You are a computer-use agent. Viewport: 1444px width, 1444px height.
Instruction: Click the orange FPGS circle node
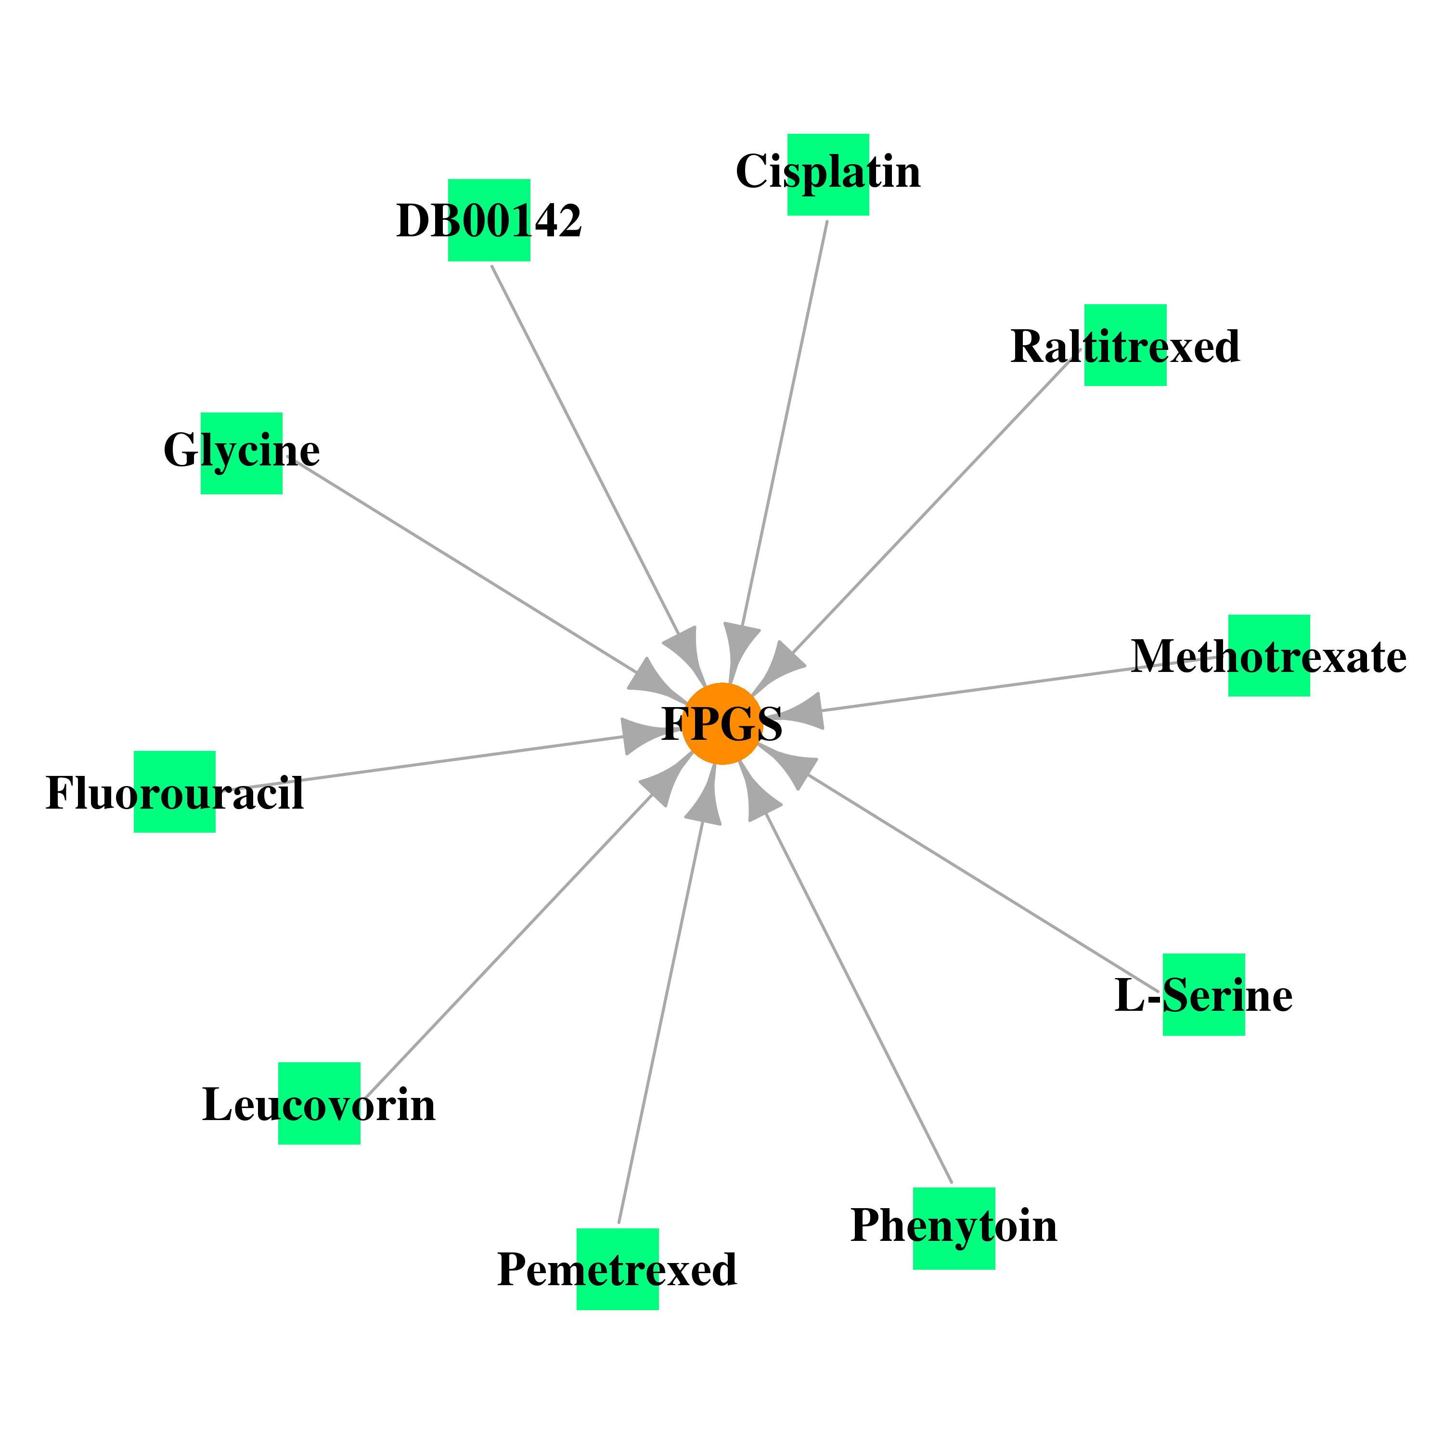(722, 723)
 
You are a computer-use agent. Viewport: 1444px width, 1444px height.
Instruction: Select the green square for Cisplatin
(828, 175)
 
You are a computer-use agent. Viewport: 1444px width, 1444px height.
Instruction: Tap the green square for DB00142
(489, 220)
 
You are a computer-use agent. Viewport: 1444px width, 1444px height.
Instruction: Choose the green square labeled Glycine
(242, 453)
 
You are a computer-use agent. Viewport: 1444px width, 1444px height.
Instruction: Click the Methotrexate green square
(1269, 656)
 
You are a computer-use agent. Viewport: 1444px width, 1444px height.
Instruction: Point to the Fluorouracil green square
(175, 791)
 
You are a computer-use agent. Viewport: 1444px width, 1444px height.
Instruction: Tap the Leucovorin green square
(319, 1103)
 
